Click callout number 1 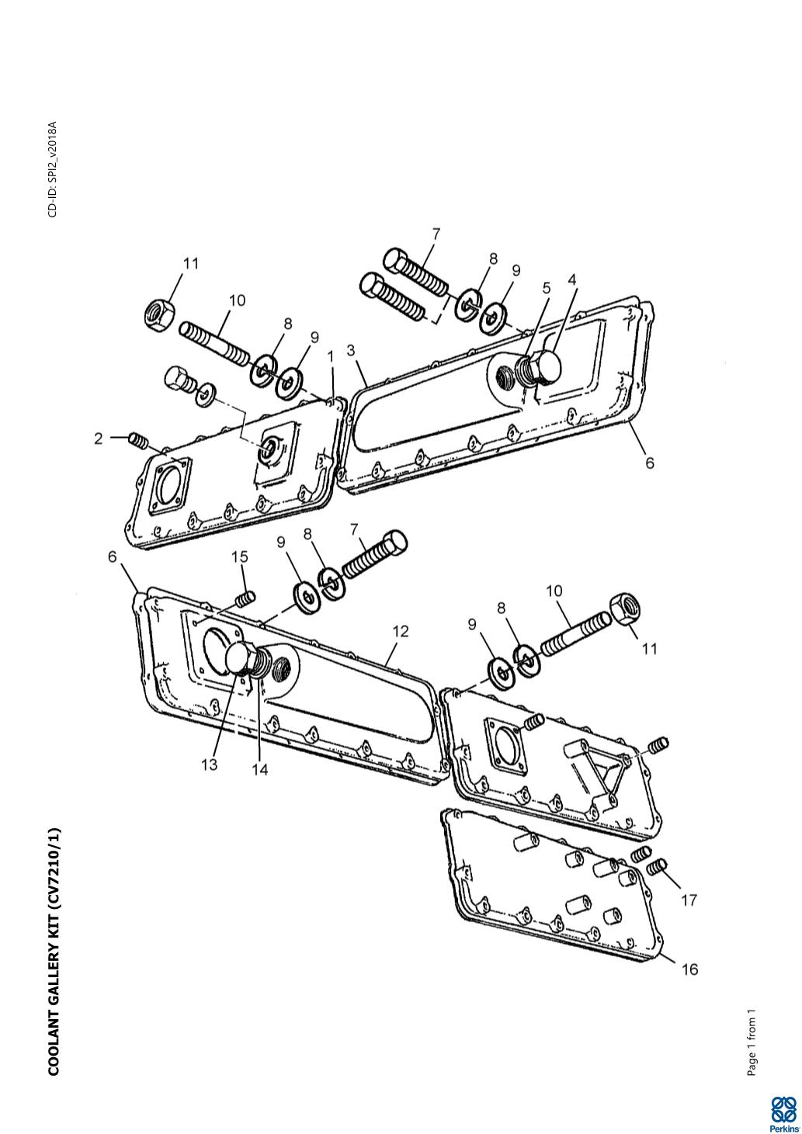331,357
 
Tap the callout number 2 99,439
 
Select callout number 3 351,350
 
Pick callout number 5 547,288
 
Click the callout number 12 401,631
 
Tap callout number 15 240,557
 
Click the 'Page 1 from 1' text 752,1035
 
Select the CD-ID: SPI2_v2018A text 53,169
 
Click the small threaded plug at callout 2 137,440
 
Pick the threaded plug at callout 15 245,598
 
